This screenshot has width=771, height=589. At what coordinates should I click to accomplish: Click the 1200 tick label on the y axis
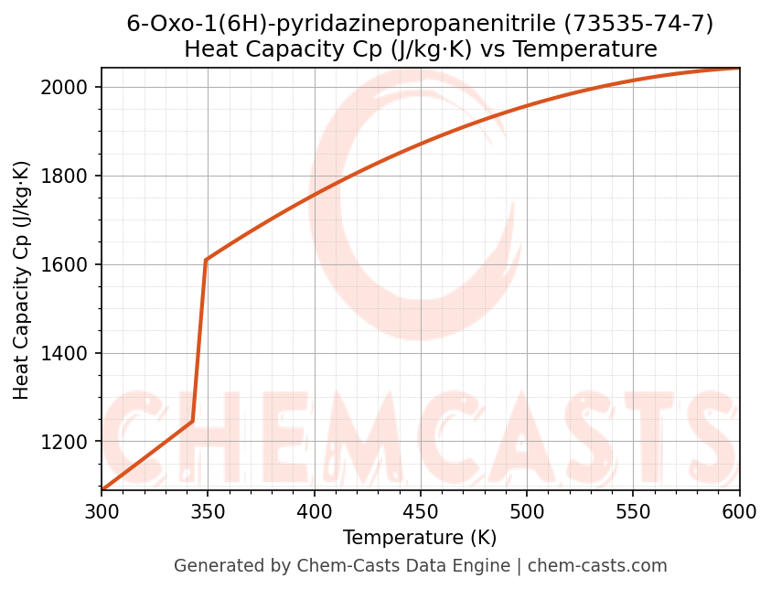pyautogui.click(x=70, y=443)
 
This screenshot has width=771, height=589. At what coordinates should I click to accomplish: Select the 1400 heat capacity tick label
pyautogui.click(x=70, y=354)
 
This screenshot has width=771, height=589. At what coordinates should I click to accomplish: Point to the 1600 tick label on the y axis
pyautogui.click(x=70, y=265)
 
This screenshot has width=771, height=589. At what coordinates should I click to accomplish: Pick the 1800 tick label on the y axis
pyautogui.click(x=70, y=177)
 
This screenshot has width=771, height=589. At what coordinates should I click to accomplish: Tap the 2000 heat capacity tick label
pyautogui.click(x=70, y=88)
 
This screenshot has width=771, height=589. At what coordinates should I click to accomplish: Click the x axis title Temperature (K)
pyautogui.click(x=420, y=538)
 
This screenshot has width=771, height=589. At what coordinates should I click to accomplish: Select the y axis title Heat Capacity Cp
pyautogui.click(x=22, y=280)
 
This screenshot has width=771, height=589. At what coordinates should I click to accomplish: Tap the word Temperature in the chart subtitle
pyautogui.click(x=585, y=49)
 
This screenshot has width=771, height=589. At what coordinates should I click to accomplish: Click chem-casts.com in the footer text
pyautogui.click(x=597, y=566)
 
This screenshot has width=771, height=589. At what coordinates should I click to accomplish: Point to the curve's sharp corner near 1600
pyautogui.click(x=206, y=261)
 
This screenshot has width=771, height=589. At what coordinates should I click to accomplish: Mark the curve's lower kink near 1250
pyautogui.click(x=192, y=422)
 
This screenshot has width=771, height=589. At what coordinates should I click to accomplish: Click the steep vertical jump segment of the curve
pyautogui.click(x=199, y=338)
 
